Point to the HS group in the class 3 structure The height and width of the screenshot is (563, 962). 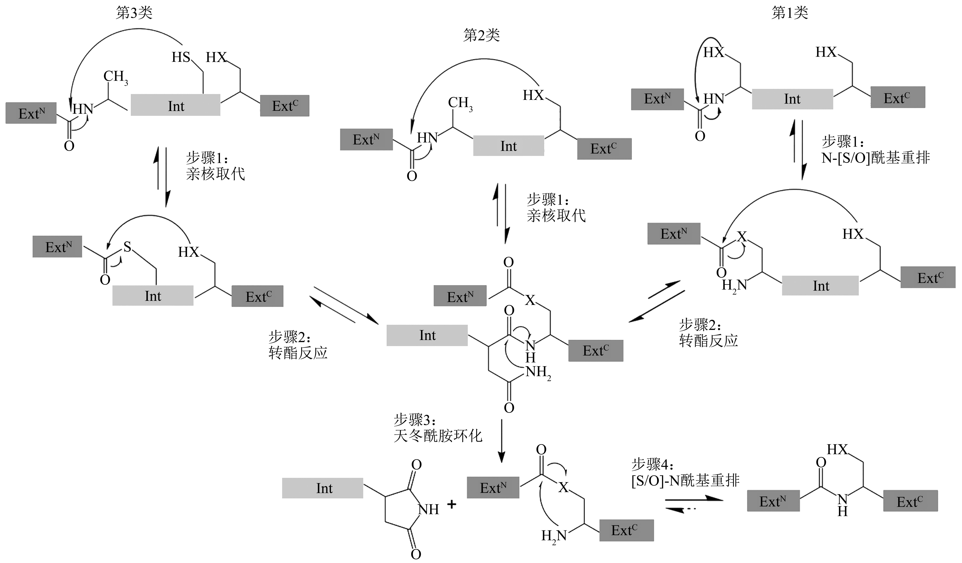click(x=181, y=57)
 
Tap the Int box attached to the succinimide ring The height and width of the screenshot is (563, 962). click(x=323, y=488)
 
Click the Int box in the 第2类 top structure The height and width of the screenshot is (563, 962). click(x=508, y=146)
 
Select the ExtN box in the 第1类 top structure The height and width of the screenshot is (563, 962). click(x=657, y=99)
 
